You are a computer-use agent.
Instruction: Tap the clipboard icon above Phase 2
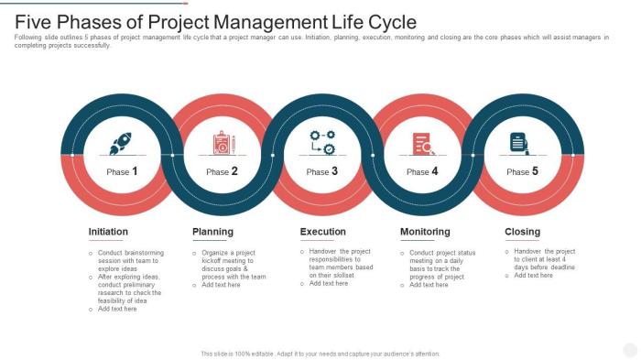223,143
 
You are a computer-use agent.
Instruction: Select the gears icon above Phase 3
322,143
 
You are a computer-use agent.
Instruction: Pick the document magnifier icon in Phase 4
423,144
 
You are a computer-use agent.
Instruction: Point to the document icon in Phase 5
519,143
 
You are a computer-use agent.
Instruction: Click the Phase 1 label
122,171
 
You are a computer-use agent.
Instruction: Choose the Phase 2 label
223,171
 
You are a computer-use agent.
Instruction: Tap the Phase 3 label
322,171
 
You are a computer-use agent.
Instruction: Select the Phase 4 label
422,171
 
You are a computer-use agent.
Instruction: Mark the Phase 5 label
523,171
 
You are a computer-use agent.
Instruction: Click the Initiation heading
108,232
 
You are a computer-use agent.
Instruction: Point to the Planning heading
212,232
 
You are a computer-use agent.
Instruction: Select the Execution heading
323,232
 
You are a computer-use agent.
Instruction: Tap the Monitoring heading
425,232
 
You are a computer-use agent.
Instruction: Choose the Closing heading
523,232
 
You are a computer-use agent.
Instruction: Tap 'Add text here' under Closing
534,276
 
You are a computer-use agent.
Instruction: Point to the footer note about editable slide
320,354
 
